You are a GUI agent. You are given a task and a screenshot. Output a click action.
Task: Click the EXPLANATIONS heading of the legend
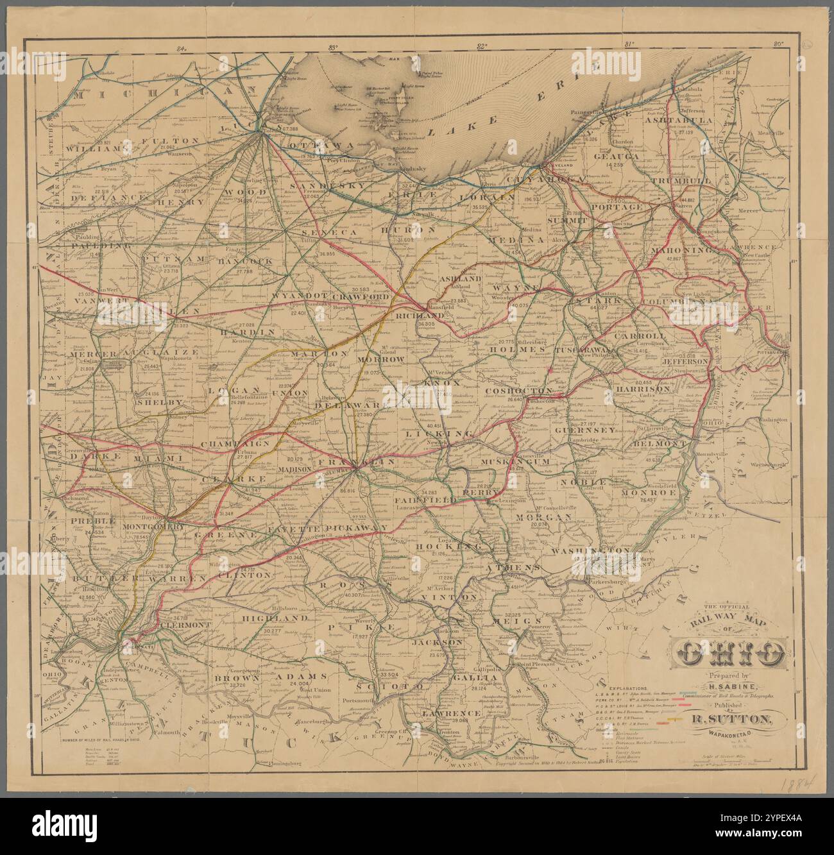[x=630, y=686]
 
